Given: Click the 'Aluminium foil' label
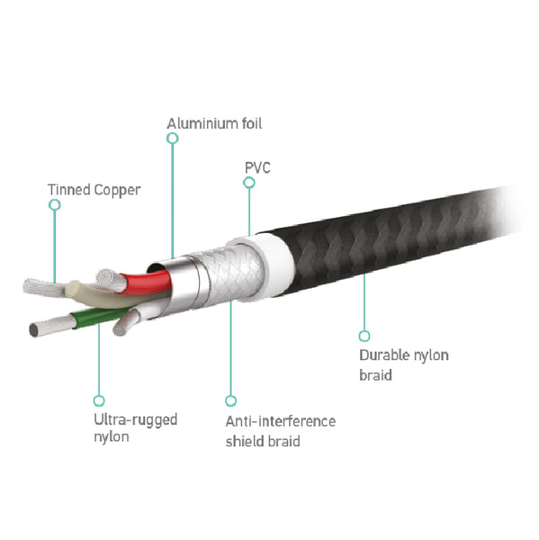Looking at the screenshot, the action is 214,123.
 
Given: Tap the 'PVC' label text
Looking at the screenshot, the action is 257,167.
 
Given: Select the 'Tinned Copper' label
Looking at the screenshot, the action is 94,190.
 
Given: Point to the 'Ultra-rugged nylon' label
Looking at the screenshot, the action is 135,428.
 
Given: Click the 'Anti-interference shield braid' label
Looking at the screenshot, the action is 281,431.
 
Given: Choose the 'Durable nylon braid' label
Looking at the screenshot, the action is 404,365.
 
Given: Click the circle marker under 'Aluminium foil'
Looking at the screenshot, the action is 173,139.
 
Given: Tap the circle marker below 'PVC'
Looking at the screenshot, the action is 249,183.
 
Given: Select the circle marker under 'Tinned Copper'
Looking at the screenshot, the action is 55,205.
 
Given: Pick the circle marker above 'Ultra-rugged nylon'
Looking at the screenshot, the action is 99,400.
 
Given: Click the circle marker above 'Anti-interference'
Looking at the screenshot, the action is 230,400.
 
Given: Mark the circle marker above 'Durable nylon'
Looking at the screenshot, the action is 364,336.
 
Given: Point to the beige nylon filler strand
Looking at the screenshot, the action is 103,295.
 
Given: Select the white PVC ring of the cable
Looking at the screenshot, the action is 272,264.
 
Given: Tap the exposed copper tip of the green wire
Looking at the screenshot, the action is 51,326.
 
